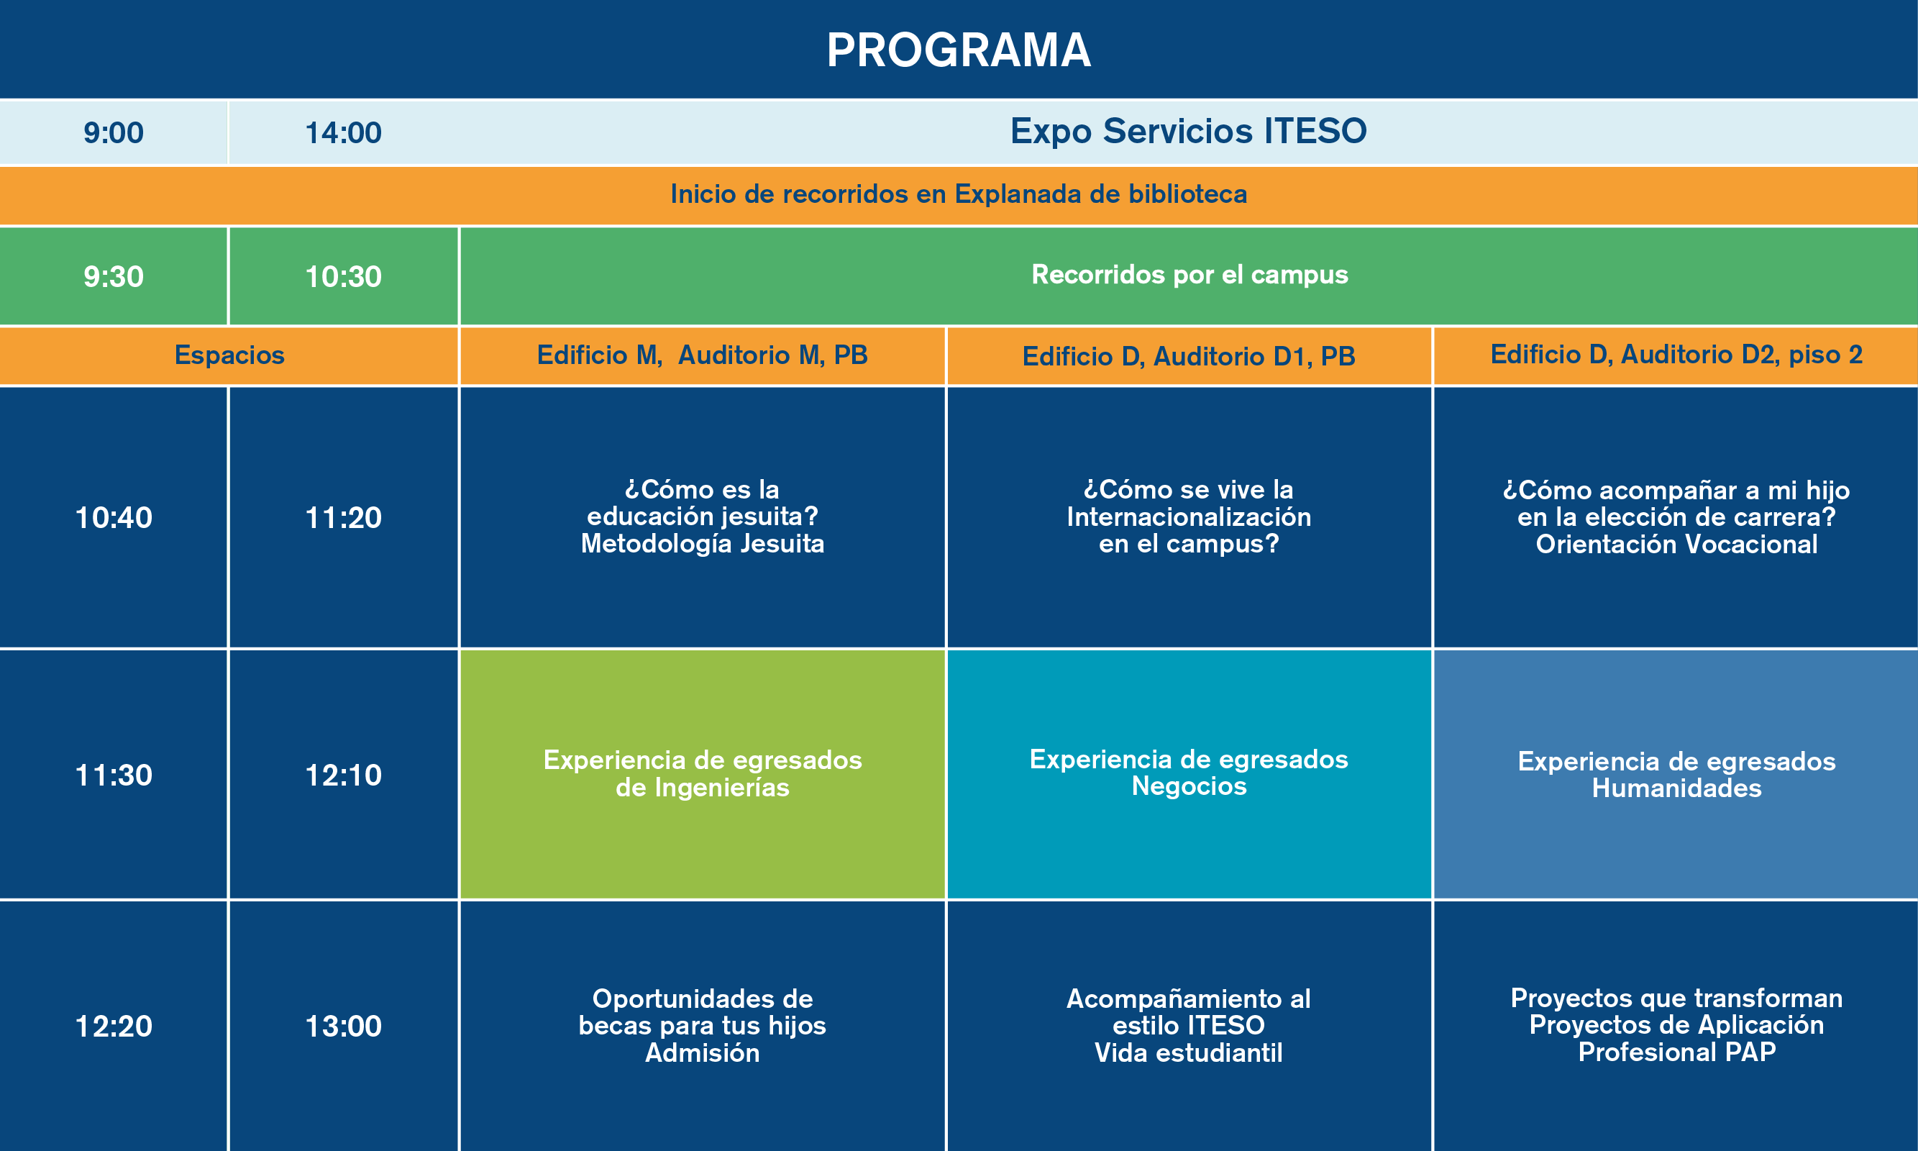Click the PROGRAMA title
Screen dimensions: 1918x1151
959,50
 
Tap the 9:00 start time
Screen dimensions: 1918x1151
114,132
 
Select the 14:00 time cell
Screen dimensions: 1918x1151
344,132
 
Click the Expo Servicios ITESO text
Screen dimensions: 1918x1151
1189,130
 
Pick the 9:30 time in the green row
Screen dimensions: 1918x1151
114,276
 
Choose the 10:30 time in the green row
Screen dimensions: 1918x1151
344,276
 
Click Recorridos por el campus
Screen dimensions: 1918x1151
1190,275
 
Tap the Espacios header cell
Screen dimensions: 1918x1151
229,355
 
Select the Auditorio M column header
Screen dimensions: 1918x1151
703,355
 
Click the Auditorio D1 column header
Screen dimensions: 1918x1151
1189,356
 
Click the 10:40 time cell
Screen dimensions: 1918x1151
114,517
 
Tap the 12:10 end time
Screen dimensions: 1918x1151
344,775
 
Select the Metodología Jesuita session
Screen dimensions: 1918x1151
703,544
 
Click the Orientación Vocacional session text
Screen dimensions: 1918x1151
1676,545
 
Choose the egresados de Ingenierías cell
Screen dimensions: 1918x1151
703,773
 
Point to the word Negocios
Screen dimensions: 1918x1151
1189,786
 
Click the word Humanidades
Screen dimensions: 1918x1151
1676,788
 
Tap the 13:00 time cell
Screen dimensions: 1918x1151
344,1026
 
